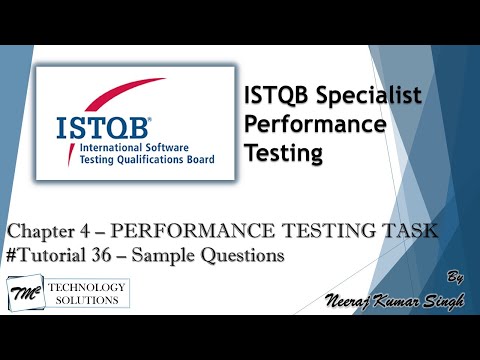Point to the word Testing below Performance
(285, 153)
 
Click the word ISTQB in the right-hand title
(275, 97)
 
